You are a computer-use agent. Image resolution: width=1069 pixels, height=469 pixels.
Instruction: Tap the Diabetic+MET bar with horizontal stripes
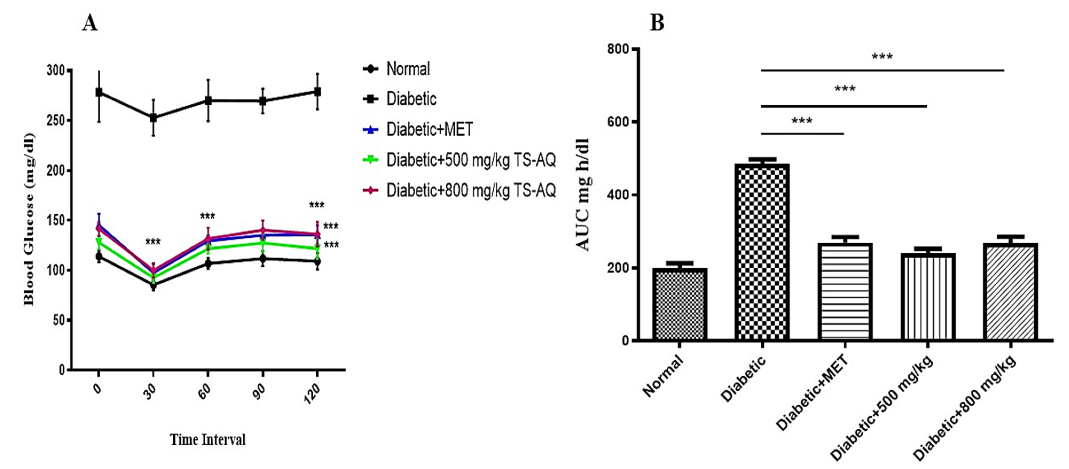[x=845, y=292]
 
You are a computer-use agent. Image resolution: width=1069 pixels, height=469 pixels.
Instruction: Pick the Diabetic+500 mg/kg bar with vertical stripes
[x=928, y=297]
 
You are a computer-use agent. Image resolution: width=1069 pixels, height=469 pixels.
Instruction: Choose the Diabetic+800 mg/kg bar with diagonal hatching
[x=1011, y=292]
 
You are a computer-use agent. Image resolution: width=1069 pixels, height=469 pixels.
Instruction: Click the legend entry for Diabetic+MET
[x=430, y=129]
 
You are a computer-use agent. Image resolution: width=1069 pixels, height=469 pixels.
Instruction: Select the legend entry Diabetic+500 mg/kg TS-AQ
[x=471, y=160]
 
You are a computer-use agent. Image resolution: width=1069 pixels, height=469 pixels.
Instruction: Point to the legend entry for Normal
[x=408, y=69]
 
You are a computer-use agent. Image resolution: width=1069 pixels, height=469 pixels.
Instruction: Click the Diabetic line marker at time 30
[x=153, y=118]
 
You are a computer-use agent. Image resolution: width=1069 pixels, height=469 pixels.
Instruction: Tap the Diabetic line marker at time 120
[x=317, y=92]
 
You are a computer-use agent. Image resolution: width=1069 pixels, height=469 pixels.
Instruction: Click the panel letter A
[x=90, y=23]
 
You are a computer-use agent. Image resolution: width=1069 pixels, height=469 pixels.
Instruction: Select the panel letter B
[x=657, y=23]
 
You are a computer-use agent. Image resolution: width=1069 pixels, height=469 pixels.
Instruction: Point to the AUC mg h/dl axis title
[x=583, y=195]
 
